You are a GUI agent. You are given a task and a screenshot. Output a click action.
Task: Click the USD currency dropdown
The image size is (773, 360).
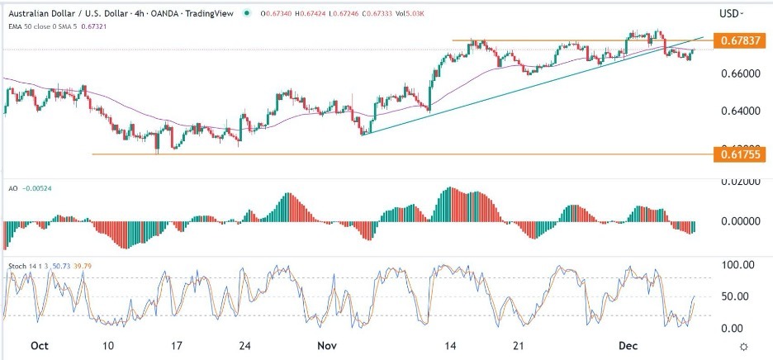731,13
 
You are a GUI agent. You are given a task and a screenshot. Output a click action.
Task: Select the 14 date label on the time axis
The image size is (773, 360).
451,346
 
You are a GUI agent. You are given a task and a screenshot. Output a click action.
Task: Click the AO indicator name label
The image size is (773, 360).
13,187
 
